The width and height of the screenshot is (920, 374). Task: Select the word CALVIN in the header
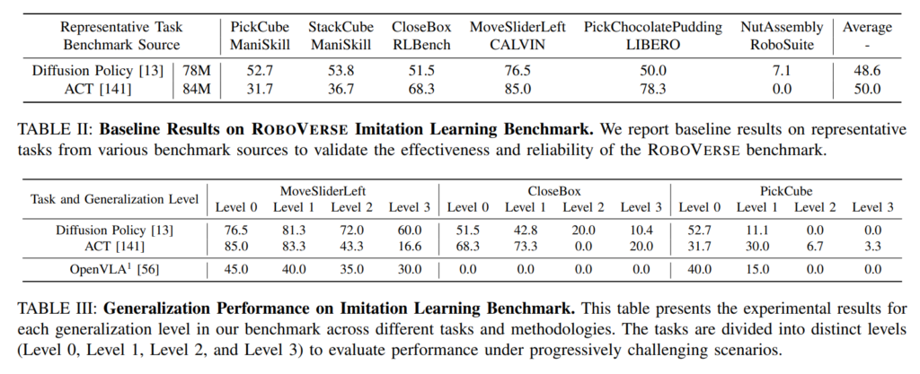point(518,44)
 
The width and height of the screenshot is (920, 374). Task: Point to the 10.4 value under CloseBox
point(641,229)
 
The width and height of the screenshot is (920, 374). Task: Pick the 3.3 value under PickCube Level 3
point(871,245)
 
